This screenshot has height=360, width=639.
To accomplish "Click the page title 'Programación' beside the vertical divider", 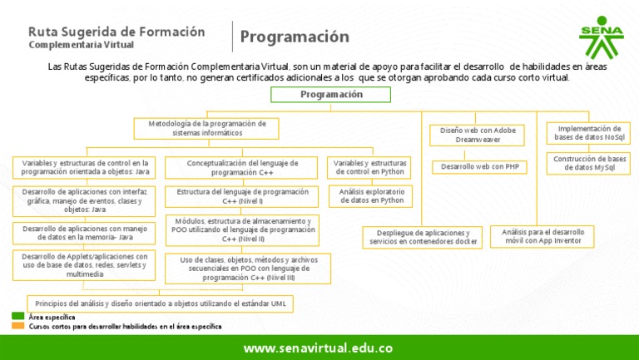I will (295, 37).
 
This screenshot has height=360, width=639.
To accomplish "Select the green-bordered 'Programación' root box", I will (331, 95).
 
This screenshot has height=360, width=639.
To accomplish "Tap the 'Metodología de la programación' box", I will (207, 128).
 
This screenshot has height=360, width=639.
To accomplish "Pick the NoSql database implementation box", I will (588, 133).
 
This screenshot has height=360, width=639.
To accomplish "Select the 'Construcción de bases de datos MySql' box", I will (588, 163).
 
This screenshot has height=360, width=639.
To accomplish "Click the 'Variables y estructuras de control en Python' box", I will (370, 167).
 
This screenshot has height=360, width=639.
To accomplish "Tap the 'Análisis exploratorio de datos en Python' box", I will (370, 196).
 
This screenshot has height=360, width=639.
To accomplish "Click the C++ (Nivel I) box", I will (242, 196).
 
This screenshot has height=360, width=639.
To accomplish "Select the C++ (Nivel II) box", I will (242, 230).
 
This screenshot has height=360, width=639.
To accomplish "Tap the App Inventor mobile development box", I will (543, 237).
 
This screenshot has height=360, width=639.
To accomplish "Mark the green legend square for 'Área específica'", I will (17, 317).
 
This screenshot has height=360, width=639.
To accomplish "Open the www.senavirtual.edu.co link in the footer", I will (318, 348).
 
